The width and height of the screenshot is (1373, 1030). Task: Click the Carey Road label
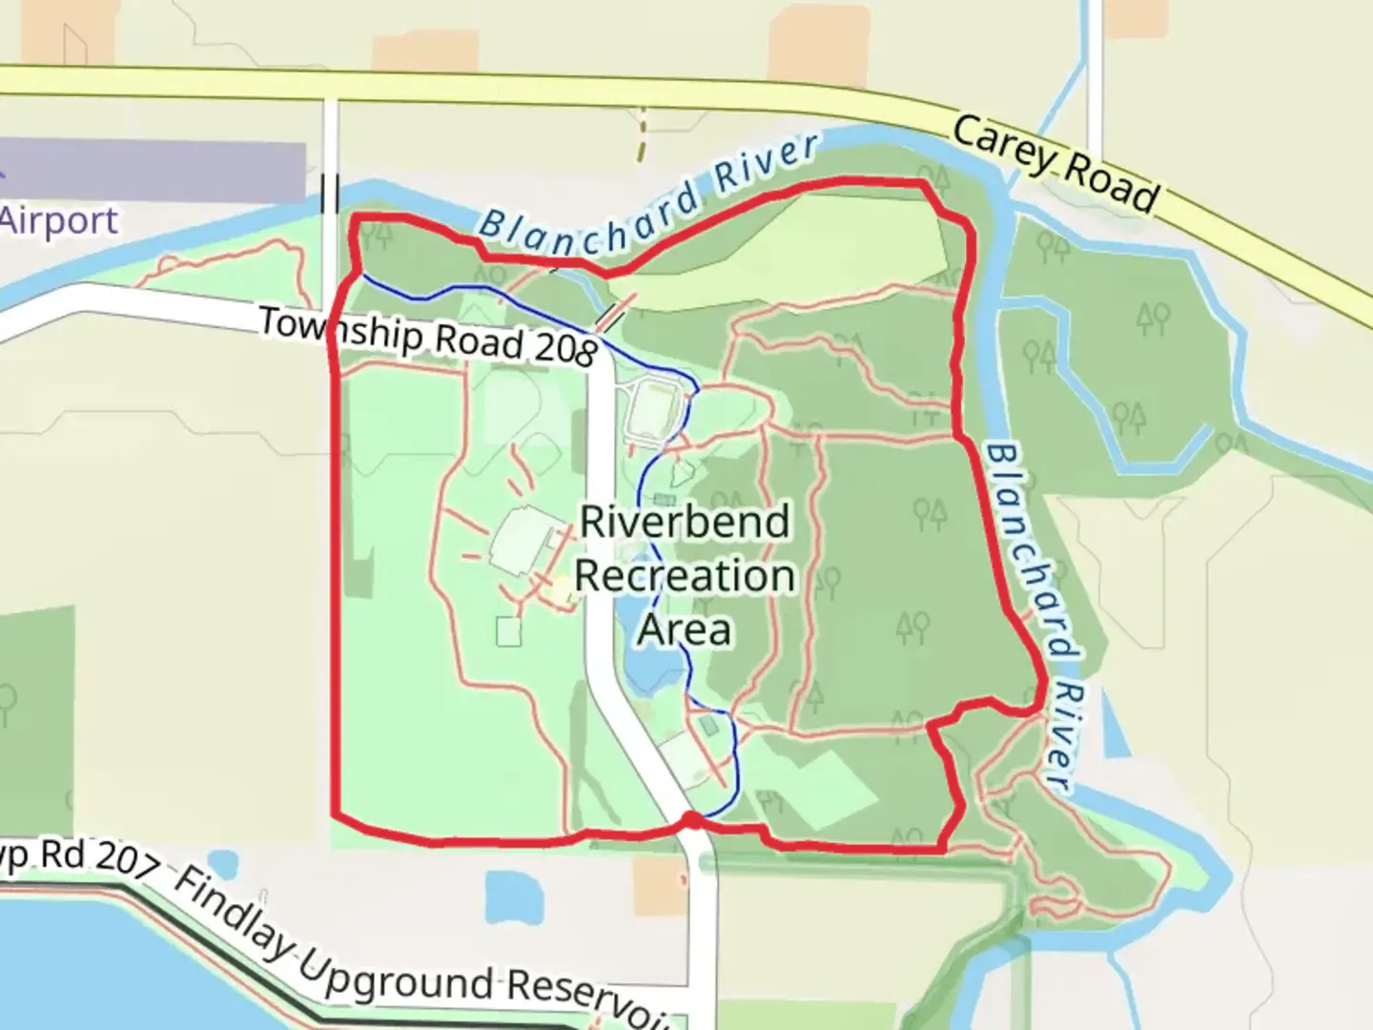(x=1055, y=164)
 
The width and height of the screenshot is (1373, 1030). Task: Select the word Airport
(x=59, y=221)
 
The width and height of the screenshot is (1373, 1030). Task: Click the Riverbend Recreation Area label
(x=685, y=575)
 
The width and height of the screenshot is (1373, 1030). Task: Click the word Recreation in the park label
(x=685, y=576)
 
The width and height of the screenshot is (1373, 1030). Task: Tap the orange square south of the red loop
(x=660, y=883)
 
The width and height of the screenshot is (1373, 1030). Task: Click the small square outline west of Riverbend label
(x=509, y=631)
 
